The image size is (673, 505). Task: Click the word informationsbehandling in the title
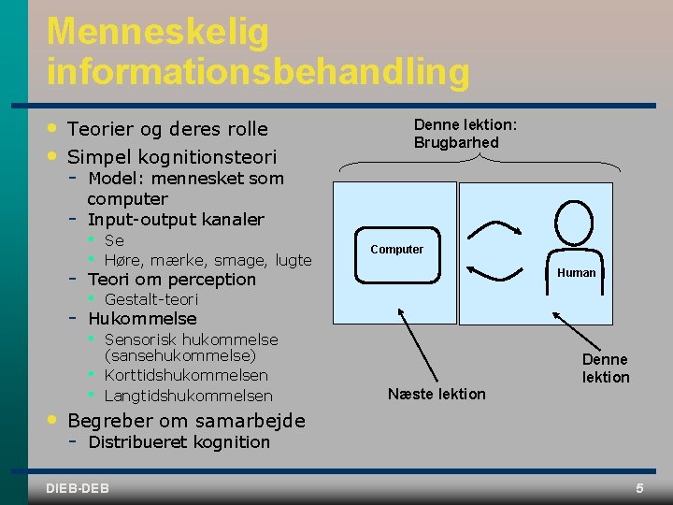(x=258, y=70)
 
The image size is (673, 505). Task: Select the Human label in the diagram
(x=576, y=273)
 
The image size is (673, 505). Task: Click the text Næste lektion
(x=437, y=394)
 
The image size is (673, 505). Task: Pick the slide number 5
(x=639, y=488)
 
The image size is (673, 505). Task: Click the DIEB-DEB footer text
(x=77, y=488)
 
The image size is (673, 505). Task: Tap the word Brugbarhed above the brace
(x=456, y=143)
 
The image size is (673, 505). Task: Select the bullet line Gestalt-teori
(x=151, y=299)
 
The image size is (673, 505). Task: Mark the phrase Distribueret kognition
(x=179, y=441)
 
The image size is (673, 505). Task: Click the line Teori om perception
(x=171, y=279)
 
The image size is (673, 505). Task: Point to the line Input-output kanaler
(x=176, y=220)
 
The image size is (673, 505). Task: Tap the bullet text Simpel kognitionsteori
(x=172, y=155)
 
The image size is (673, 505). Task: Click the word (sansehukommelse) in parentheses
(x=180, y=355)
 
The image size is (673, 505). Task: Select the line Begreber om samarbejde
(x=186, y=421)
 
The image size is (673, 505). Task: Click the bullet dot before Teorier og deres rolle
(x=54, y=127)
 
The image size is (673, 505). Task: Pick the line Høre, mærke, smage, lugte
(x=208, y=260)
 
